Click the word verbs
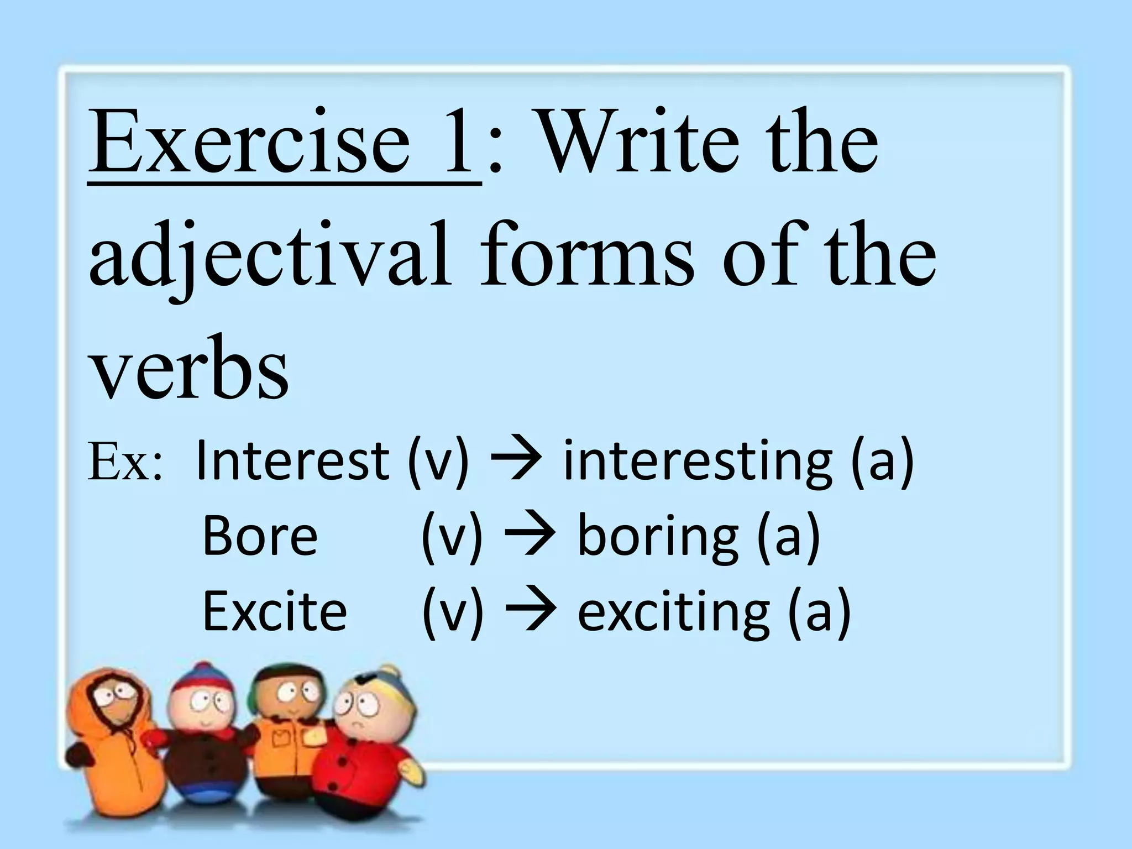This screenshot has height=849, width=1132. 188,368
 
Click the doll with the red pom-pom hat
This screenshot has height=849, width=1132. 202,735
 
